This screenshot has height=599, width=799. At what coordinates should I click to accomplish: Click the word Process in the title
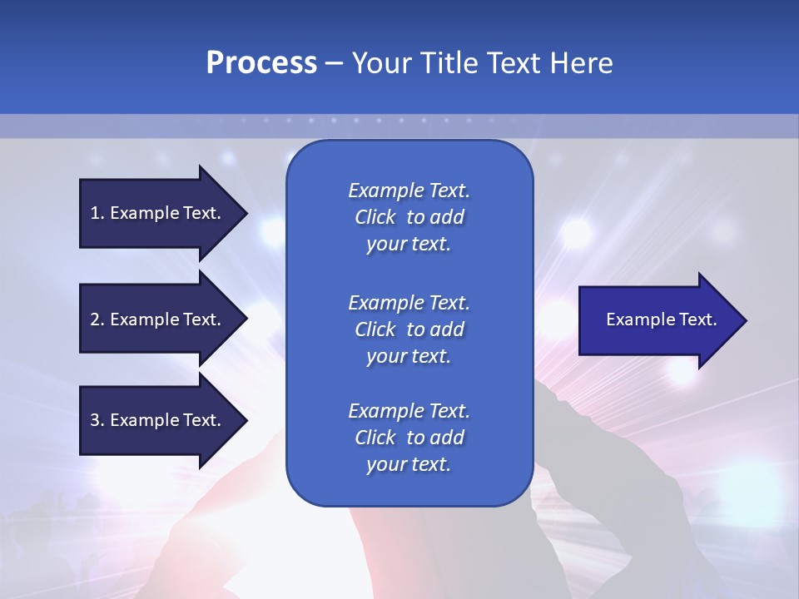point(261,63)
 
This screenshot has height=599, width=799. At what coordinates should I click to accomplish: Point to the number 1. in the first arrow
point(97,213)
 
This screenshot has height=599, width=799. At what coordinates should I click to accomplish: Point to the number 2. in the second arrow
point(97,319)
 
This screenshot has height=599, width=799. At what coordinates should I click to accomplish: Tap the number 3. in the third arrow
point(97,420)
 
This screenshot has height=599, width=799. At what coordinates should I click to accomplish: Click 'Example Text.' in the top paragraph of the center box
point(409,191)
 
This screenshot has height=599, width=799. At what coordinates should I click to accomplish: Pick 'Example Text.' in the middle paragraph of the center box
point(409,302)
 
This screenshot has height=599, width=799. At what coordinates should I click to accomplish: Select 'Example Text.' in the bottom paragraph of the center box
point(409,411)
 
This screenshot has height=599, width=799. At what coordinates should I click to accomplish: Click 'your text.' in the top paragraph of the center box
point(409,245)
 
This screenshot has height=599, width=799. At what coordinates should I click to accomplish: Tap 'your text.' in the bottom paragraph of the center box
point(409,465)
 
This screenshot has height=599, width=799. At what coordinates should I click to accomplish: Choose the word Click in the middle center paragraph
point(375,329)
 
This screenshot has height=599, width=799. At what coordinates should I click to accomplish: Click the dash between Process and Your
point(334,64)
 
